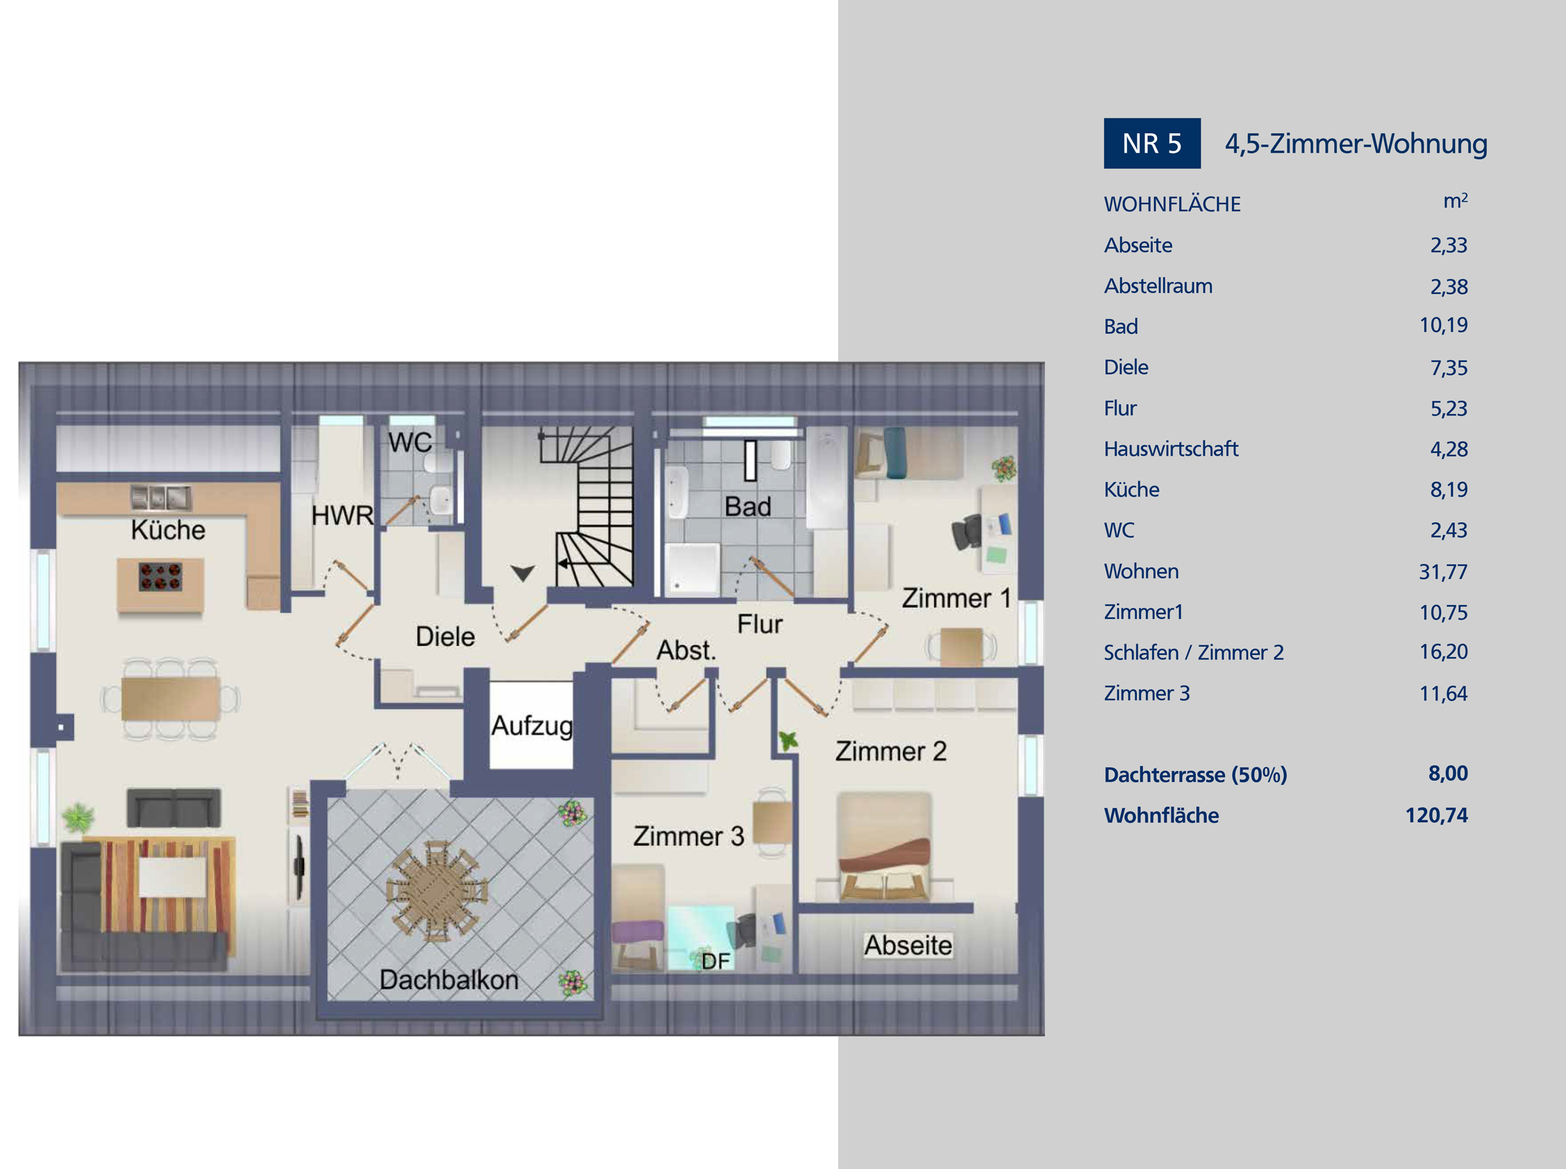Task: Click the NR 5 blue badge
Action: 1151,143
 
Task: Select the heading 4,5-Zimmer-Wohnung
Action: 1356,144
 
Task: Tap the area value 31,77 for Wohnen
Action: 1443,571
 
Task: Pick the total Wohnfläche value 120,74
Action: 1437,815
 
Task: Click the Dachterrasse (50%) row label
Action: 1195,775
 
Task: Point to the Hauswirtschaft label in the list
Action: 1171,449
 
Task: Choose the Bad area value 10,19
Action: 1443,325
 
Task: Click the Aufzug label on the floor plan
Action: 532,725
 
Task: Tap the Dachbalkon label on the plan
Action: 449,979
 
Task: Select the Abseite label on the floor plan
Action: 908,945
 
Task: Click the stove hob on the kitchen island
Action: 160,577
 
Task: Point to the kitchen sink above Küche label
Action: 160,498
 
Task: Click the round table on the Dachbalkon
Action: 437,891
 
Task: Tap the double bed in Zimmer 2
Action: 883,846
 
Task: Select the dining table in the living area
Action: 170,699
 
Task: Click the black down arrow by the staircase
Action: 523,573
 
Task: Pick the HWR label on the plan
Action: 342,516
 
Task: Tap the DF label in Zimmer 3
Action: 715,961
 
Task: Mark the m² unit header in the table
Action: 1455,200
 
